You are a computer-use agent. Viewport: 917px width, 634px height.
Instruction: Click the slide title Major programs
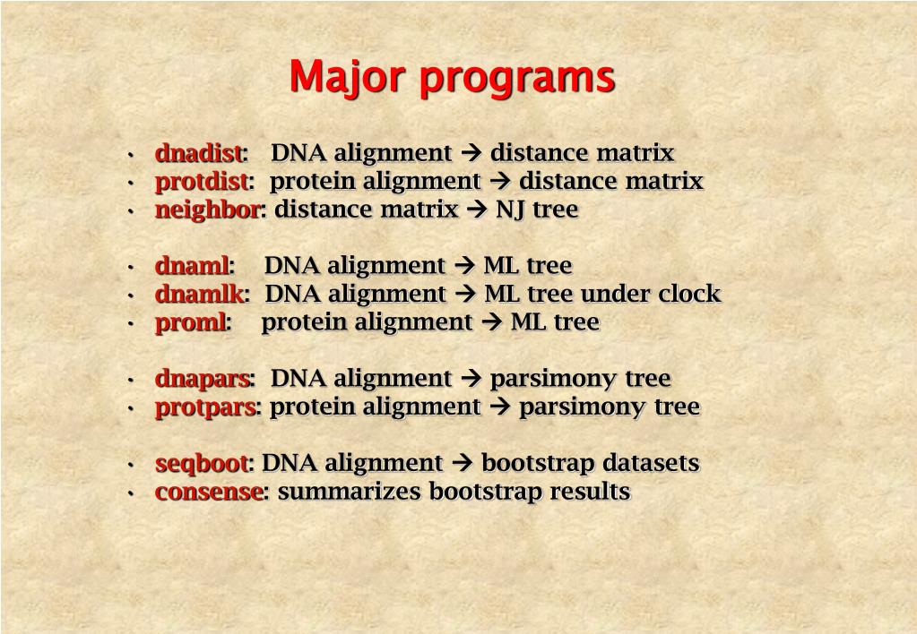452,77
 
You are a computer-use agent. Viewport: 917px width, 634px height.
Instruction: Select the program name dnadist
198,153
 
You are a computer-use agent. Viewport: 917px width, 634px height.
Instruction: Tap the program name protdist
201,182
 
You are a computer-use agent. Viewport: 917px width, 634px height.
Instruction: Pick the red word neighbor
207,210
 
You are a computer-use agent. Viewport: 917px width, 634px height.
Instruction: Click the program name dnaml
192,266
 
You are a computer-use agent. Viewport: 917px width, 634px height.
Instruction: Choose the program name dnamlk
199,295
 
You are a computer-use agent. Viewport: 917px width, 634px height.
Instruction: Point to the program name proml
191,322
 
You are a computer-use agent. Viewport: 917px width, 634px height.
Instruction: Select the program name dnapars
202,380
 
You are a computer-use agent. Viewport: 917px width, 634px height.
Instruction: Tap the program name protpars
205,407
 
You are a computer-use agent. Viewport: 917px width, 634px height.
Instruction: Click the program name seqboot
201,464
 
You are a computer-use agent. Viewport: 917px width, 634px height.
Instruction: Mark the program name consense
209,493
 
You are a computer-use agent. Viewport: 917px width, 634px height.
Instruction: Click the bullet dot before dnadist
131,155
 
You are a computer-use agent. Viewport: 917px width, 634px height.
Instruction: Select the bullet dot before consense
131,493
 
